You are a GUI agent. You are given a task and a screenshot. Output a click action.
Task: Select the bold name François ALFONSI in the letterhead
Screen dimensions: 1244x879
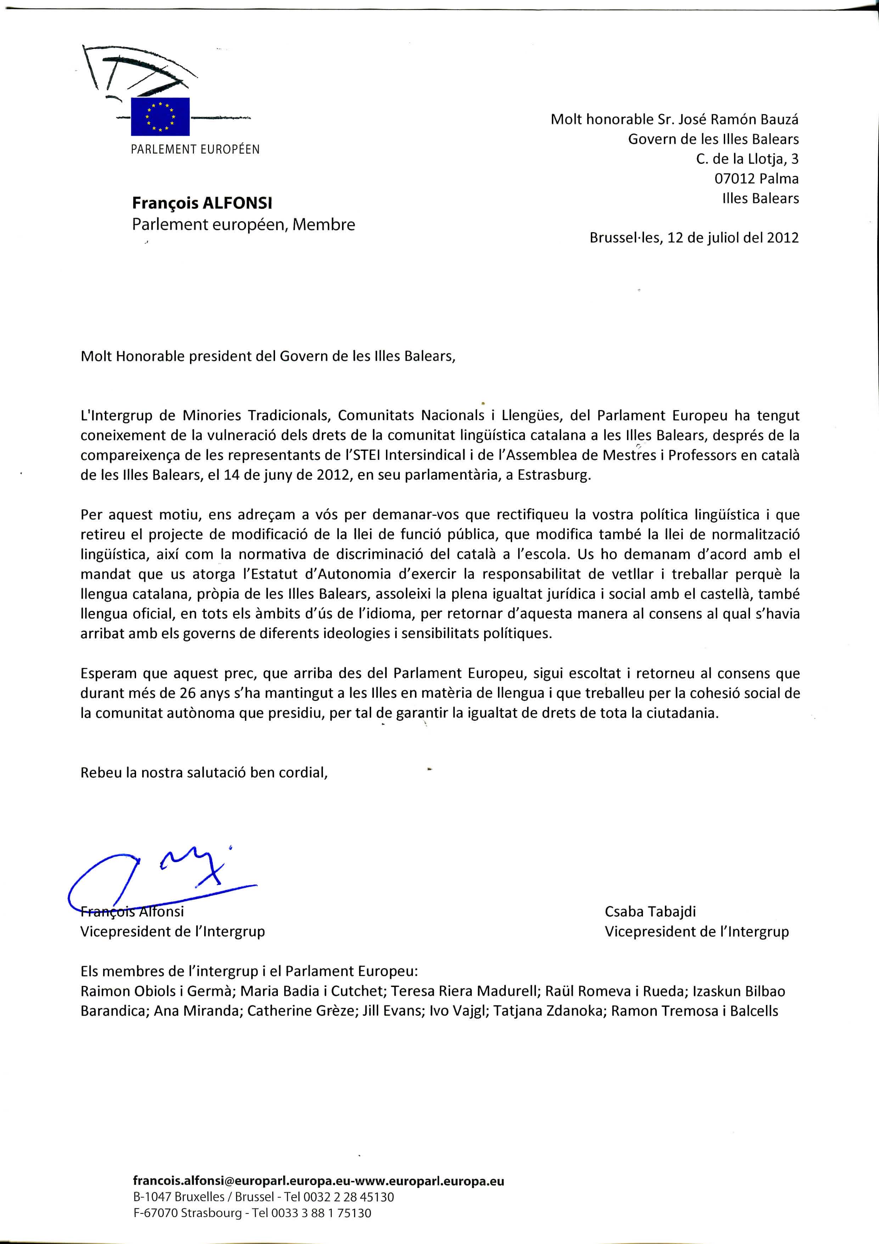[x=202, y=203]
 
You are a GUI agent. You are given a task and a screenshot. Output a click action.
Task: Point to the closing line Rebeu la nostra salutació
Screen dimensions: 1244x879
[x=204, y=772]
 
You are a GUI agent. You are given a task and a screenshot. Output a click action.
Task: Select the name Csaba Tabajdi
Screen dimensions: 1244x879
[x=650, y=911]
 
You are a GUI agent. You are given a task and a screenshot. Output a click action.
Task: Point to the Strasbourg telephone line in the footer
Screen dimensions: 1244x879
[x=252, y=1213]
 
